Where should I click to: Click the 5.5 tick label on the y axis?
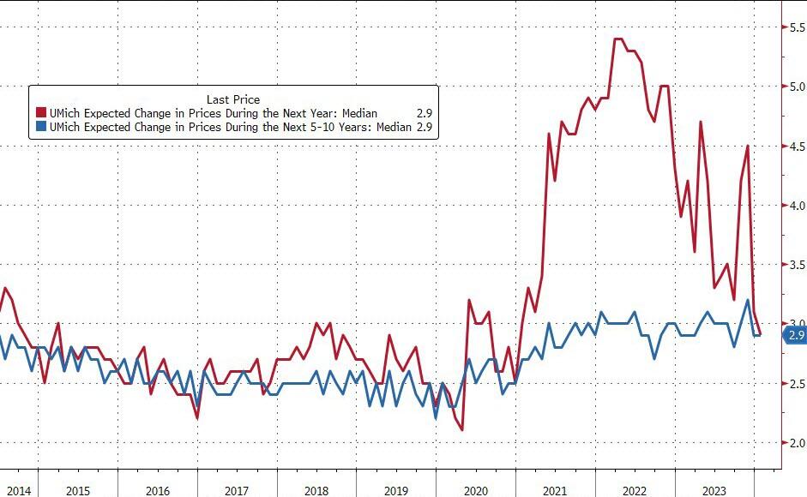796,28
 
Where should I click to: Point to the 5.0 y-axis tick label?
796,87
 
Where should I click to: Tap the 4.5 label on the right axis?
796,147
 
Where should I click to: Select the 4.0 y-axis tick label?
796,206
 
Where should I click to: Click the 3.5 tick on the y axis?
796,265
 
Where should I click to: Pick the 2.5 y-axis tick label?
796,383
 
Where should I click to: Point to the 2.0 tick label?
796,443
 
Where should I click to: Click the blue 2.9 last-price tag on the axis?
795,335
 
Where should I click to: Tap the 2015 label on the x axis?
77,490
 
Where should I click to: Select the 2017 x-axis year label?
237,490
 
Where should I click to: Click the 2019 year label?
396,490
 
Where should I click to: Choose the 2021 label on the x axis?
556,490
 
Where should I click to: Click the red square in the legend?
40,113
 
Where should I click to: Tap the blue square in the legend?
40,127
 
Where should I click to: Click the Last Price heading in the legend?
233,99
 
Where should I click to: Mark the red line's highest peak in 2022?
618,39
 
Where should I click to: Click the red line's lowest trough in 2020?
462,429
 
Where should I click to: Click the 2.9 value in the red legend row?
423,113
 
